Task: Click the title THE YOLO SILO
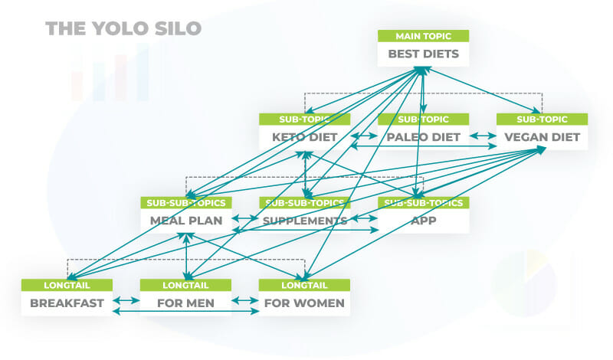123,28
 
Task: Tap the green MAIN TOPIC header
424,36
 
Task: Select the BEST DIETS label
424,54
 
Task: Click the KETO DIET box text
304,137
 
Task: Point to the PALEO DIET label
424,137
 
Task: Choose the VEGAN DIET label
543,137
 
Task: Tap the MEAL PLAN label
186,221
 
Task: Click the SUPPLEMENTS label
305,221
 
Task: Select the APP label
424,221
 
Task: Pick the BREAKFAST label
67,303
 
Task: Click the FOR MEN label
185,303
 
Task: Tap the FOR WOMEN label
304,303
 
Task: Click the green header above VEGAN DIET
543,119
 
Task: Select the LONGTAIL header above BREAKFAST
67,285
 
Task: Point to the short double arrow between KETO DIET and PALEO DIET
365,136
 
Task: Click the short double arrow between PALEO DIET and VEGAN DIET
484,136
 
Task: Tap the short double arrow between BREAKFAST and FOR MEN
126,301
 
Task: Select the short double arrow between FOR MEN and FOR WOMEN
245,301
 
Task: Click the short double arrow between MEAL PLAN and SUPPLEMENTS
245,218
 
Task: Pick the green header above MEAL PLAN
186,202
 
